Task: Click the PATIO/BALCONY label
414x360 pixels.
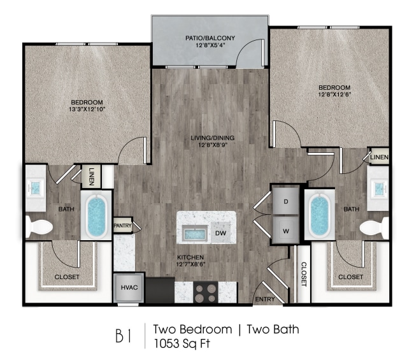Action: [210, 38]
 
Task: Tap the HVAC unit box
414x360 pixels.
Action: [127, 287]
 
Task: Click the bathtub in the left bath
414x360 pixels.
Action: [96, 217]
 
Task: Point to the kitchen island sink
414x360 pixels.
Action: [194, 233]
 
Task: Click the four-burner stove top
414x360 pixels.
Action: [204, 292]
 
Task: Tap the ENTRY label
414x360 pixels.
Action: [264, 299]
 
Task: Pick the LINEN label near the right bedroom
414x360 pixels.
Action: [380, 157]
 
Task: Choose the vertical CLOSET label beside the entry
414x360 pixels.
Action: [304, 273]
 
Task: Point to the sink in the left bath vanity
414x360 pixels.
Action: [36, 188]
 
